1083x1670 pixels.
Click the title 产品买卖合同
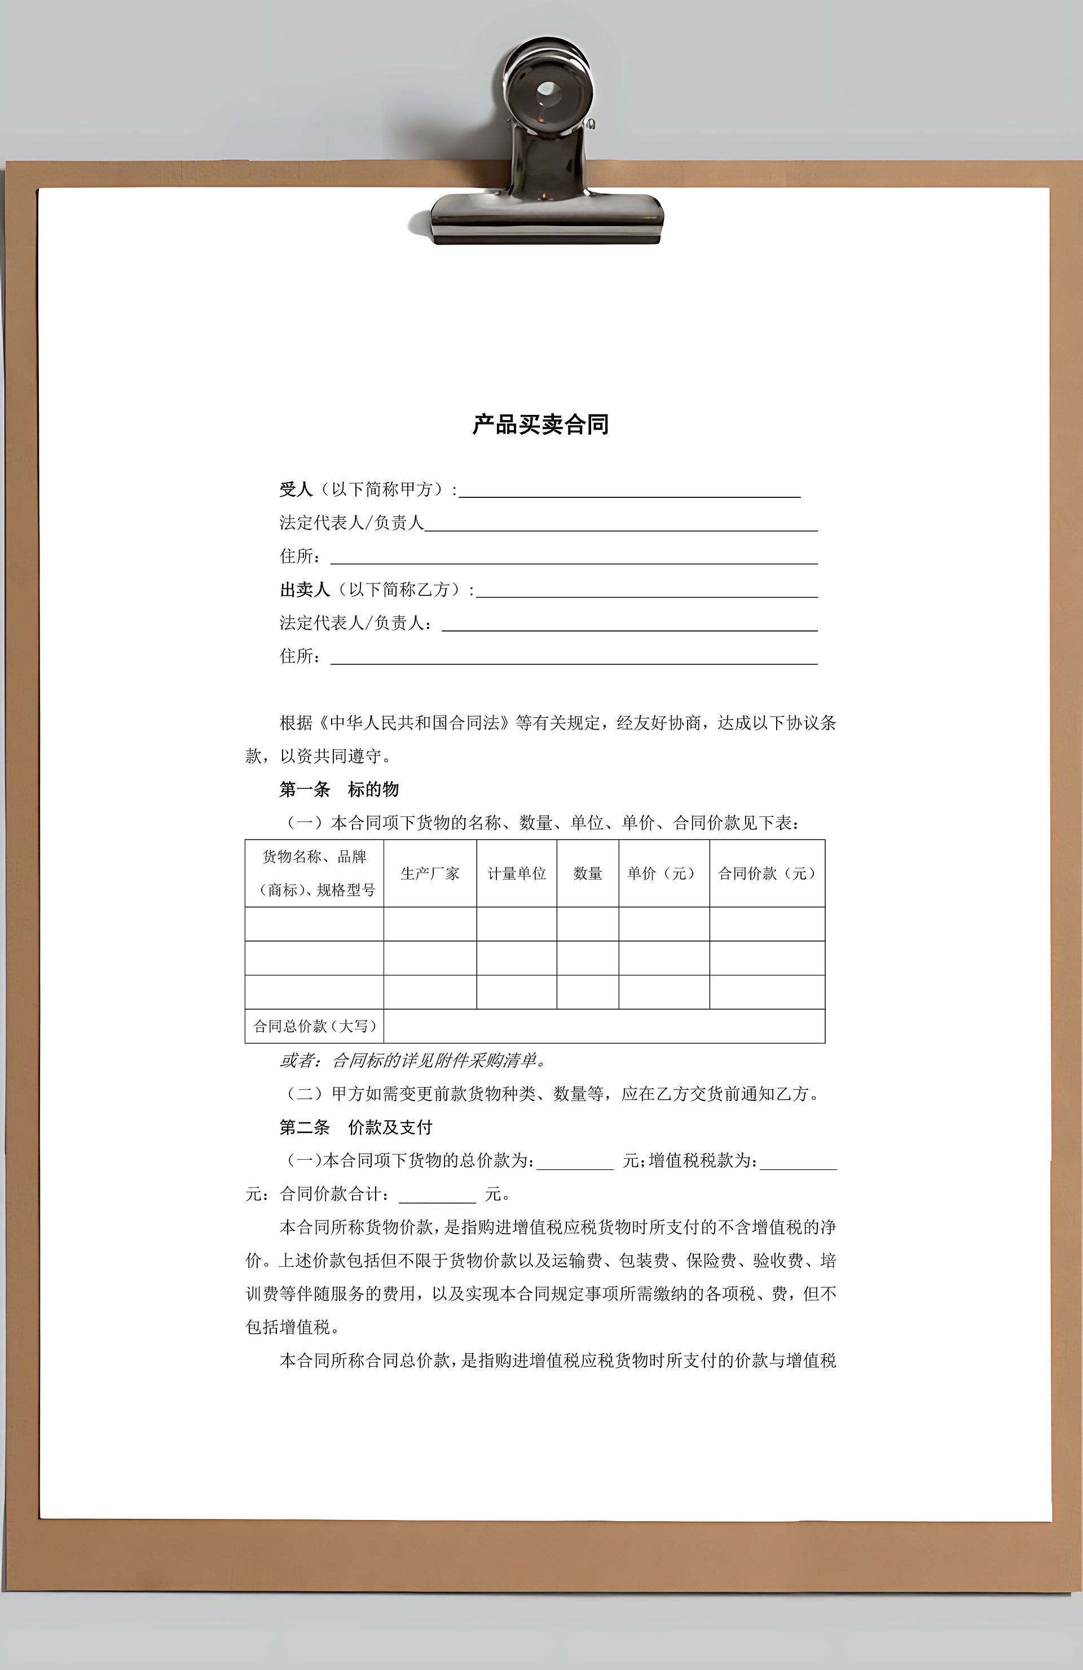pyautogui.click(x=540, y=425)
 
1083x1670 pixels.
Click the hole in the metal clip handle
pyautogui.click(x=548, y=91)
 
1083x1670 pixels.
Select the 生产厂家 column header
pyautogui.click(x=430, y=873)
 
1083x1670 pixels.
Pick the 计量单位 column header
pyautogui.click(x=517, y=873)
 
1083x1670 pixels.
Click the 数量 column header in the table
pyautogui.click(x=588, y=873)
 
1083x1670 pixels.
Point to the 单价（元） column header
pyautogui.click(x=663, y=873)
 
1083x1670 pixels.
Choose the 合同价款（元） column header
pyautogui.click(x=767, y=873)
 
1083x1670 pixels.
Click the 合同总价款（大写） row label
pyautogui.click(x=314, y=1026)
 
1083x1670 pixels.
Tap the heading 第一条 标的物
pyautogui.click(x=339, y=789)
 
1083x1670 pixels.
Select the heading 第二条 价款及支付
pyautogui.click(x=355, y=1127)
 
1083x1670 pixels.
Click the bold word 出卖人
pyautogui.click(x=305, y=589)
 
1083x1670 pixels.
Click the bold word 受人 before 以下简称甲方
pyautogui.click(x=296, y=489)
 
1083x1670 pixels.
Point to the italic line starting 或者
pyautogui.click(x=413, y=1060)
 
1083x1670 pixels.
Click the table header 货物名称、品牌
pyautogui.click(x=314, y=857)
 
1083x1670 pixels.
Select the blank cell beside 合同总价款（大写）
pyautogui.click(x=604, y=1026)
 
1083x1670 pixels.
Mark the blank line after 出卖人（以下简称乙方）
pyautogui.click(x=646, y=594)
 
